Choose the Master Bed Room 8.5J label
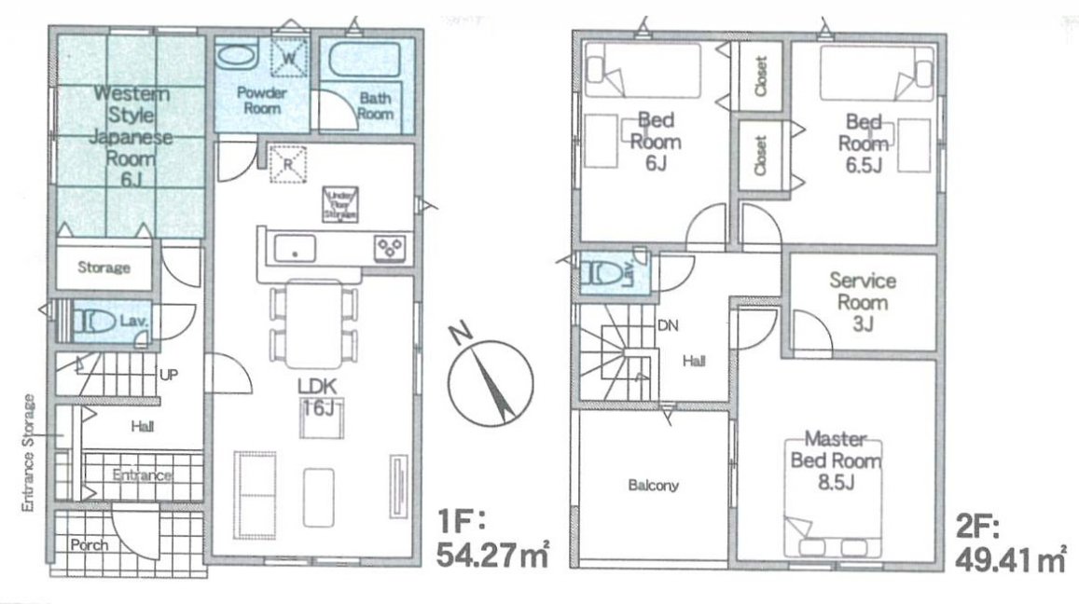[836, 460]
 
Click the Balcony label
[653, 486]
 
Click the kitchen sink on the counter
[295, 250]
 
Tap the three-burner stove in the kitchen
[389, 248]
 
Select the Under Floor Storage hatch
[339, 204]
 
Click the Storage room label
[104, 268]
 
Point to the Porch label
[89, 544]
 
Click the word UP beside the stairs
[169, 375]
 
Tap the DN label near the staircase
[667, 325]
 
